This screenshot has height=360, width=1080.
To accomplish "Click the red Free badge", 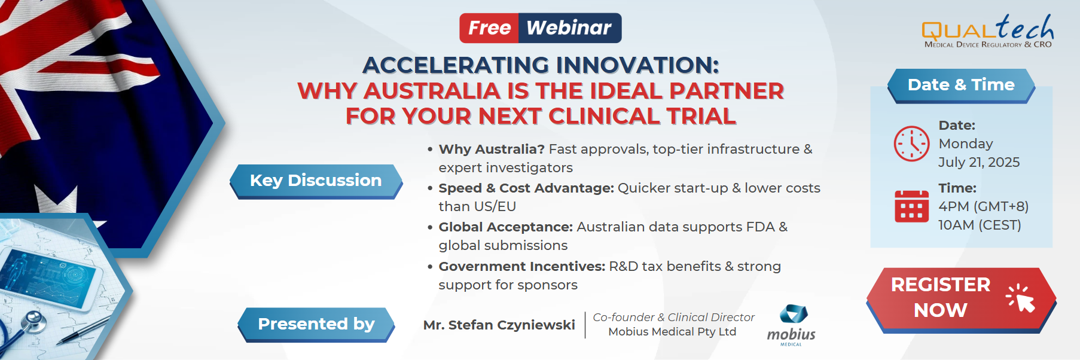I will click(489, 28).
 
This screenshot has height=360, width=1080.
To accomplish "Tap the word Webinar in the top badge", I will click(569, 28).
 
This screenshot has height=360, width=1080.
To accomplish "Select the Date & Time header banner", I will click(960, 85).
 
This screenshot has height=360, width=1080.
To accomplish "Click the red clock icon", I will click(911, 144).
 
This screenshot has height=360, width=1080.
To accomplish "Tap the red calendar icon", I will click(911, 206).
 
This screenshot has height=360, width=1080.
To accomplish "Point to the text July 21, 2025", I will click(979, 162).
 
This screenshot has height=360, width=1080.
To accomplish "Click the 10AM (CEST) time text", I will click(980, 225).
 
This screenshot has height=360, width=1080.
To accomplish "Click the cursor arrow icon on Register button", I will click(1021, 298).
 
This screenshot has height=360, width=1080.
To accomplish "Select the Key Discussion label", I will click(316, 181).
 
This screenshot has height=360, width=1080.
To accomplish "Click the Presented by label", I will click(316, 324).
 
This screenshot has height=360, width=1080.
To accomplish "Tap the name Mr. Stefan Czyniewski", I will click(499, 325).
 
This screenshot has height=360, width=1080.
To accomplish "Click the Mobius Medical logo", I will click(792, 325).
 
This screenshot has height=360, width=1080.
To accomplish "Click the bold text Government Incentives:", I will click(521, 266).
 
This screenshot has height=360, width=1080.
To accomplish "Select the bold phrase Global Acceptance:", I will click(505, 227).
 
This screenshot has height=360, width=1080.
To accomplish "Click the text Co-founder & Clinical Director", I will click(673, 317).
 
